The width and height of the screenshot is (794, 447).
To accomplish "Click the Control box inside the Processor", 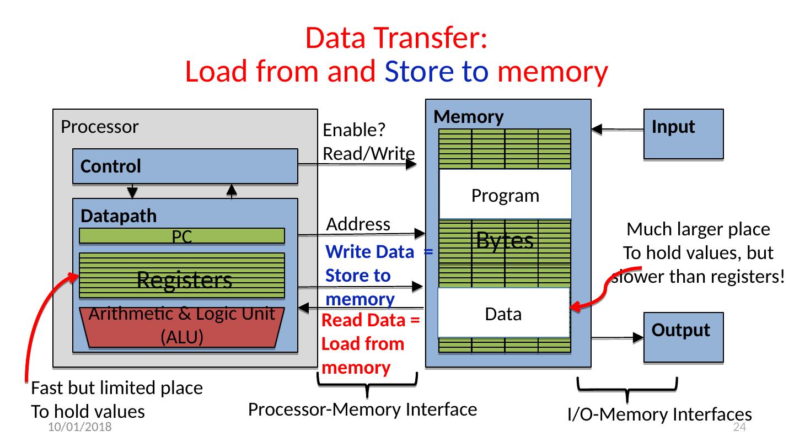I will click(185, 166).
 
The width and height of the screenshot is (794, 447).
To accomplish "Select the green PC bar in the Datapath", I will click(182, 236).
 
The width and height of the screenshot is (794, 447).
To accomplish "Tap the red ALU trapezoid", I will click(182, 327).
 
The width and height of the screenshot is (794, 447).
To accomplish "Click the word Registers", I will click(184, 280).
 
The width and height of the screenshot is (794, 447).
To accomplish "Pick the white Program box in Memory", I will click(505, 195).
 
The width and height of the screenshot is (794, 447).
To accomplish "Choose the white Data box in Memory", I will click(503, 314).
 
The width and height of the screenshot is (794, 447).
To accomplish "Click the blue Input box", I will click(683, 134).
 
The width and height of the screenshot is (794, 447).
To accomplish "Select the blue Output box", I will click(683, 337).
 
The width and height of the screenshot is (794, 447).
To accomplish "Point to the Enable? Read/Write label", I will click(368, 142).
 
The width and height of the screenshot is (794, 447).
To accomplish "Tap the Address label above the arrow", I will click(358, 224).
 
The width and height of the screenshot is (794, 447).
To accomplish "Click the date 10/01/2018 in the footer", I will click(79, 428).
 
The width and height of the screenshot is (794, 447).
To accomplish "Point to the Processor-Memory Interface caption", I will click(362, 410).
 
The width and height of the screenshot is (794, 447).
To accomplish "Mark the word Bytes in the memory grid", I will click(505, 240).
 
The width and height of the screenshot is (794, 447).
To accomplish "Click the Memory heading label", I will click(469, 117).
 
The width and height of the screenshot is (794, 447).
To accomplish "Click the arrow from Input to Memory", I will click(618, 130).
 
